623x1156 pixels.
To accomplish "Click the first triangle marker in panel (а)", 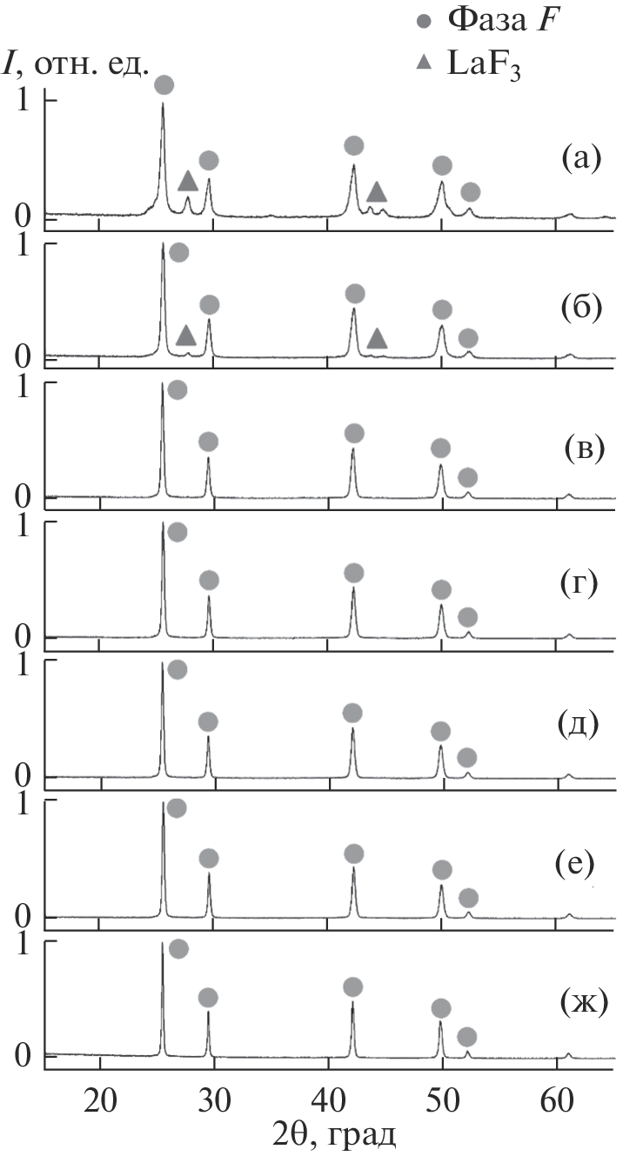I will (x=188, y=181).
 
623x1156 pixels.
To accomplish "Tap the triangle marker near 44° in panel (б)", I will (x=377, y=338).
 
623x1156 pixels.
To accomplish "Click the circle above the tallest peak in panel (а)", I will (x=164, y=84).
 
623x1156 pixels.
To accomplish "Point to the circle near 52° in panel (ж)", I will (x=467, y=1036).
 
